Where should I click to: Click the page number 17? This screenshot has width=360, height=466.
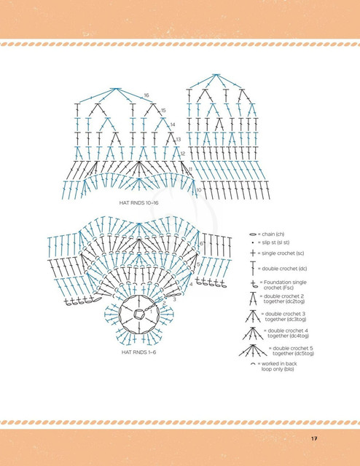(314, 438)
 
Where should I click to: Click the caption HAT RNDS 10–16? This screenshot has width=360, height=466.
(138, 203)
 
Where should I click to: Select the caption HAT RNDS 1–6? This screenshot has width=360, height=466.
(138, 352)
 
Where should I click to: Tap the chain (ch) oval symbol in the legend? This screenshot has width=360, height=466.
(253, 234)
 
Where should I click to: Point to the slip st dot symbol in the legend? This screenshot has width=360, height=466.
(253, 242)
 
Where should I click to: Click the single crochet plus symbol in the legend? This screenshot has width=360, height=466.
(253, 253)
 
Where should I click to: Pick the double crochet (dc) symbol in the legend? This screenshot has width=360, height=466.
(253, 269)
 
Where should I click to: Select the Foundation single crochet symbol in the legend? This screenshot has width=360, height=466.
(254, 285)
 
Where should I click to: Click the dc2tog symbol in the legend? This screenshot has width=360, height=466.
(253, 299)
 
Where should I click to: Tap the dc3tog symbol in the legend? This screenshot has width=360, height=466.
(253, 316)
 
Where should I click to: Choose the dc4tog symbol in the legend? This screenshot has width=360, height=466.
(253, 333)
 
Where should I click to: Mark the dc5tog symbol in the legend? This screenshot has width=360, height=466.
(253, 350)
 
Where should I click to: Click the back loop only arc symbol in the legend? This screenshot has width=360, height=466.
(253, 363)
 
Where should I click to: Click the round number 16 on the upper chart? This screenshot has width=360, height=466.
(146, 95)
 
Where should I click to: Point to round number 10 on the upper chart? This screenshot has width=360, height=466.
(199, 189)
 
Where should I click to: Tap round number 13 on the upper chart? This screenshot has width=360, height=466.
(179, 139)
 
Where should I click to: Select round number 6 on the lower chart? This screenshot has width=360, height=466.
(201, 244)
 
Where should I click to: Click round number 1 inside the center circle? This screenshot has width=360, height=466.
(151, 312)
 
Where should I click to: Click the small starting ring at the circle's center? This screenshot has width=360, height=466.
(138, 314)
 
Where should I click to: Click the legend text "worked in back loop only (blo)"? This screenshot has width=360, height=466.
(279, 366)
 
